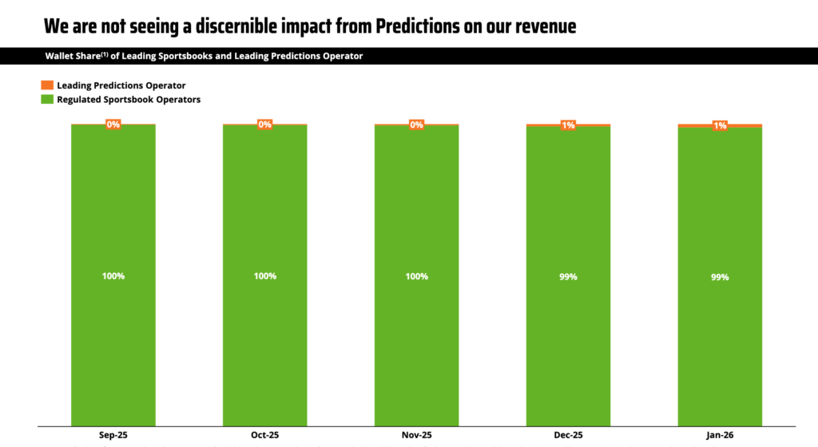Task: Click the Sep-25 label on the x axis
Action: coord(113,436)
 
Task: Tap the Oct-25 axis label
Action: coord(264,436)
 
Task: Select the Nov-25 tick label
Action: coord(416,436)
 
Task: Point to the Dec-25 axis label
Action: coord(568,436)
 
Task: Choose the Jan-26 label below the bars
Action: coord(720,436)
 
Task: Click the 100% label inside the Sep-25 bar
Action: coord(113,276)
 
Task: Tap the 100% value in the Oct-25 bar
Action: coord(264,276)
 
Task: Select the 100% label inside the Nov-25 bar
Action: coord(416,276)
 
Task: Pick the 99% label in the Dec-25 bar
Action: coord(568,277)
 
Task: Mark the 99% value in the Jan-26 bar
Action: coord(720,277)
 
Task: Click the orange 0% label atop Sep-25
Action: coord(113,124)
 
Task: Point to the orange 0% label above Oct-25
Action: coord(264,124)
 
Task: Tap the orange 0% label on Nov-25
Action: coord(416,124)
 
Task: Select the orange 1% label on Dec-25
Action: coord(568,125)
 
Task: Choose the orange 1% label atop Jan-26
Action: coord(720,125)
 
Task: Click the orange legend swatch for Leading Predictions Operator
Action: coord(46,85)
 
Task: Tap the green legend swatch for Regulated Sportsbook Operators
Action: coord(46,100)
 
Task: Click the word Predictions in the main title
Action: coord(381,26)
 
